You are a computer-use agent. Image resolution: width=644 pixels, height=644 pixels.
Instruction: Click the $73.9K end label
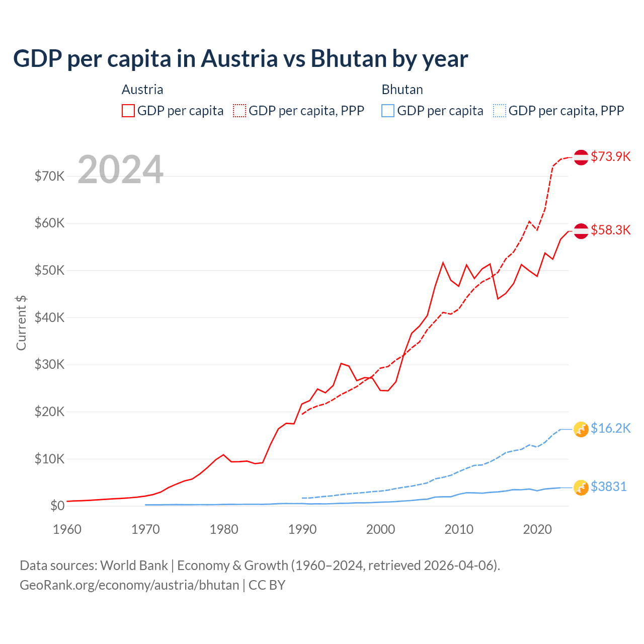point(610,156)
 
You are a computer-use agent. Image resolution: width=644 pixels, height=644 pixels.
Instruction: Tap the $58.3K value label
point(610,230)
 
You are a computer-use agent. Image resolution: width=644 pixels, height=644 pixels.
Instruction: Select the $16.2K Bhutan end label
point(610,428)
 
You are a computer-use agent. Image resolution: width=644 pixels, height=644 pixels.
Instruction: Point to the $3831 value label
point(608,487)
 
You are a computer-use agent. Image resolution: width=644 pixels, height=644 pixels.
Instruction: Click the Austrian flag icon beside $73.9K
point(581,157)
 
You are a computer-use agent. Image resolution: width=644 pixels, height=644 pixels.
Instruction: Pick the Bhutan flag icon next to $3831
point(581,487)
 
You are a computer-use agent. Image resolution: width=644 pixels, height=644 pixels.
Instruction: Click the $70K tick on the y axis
point(50,176)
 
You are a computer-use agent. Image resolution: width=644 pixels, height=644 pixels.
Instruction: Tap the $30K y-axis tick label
point(50,364)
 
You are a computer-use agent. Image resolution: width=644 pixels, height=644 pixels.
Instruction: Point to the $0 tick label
point(57,506)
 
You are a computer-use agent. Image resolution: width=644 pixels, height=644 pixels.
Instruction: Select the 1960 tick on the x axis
point(67,529)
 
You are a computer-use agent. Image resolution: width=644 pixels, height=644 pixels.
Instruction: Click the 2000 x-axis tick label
point(380,529)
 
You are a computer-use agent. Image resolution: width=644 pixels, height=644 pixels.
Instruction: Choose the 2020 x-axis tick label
point(537,529)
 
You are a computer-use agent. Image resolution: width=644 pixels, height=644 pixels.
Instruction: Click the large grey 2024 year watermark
point(121,170)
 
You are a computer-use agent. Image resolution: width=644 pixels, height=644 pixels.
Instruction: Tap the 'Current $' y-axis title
point(21,323)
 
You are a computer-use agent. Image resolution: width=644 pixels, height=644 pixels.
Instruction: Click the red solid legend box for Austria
point(128,111)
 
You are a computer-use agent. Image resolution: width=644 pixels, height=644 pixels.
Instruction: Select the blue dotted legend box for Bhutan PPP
point(500,111)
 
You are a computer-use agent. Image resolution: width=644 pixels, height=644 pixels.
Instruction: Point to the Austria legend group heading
point(142,90)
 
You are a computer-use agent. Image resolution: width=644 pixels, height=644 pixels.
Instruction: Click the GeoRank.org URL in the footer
point(129,585)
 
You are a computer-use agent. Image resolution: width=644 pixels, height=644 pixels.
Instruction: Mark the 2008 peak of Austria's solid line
point(443,262)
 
